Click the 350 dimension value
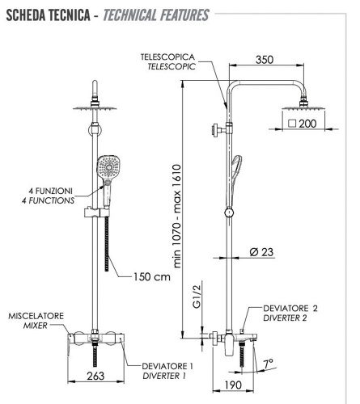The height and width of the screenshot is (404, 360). pos(265,60)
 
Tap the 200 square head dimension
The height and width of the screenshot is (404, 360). pos(303,124)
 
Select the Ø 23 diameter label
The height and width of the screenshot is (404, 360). pos(261,252)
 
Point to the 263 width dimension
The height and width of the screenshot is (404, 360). pos(95,376)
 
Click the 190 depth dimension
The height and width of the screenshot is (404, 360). pos(233,385)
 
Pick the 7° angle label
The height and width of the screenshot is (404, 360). pos(268,364)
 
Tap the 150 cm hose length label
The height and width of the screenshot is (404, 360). pos(152,277)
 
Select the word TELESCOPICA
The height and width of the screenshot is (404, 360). pos(167,57)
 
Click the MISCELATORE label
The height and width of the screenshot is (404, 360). pos(36,316)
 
